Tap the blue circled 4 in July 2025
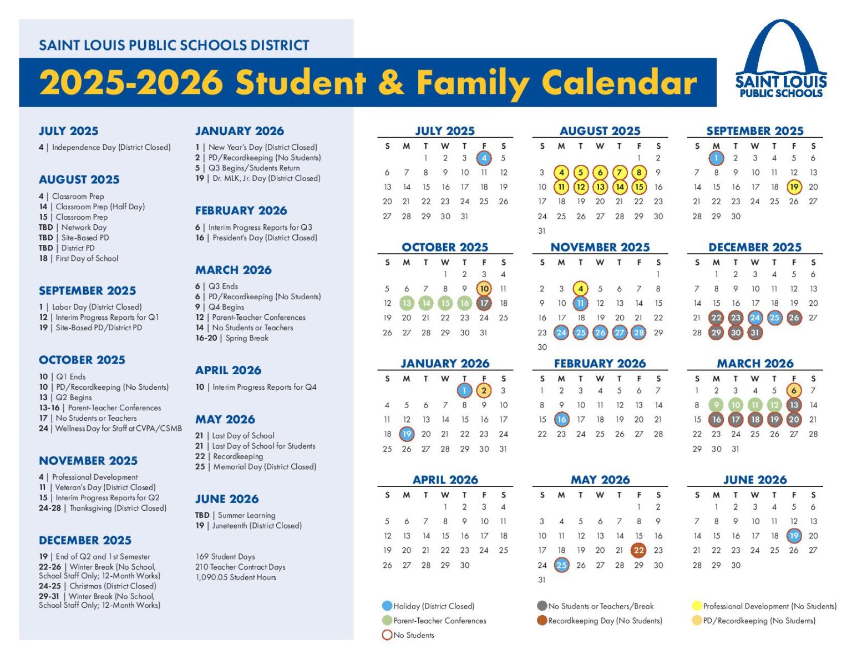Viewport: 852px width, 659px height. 484,158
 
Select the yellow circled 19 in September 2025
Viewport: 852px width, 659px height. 794,187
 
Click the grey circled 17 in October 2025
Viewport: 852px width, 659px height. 484,303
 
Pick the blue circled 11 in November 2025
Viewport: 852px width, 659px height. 580,303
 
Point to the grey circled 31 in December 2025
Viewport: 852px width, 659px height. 755,333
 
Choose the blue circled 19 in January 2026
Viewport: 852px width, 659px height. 407,434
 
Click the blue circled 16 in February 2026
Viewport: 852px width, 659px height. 561,420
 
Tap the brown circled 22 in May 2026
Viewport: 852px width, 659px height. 638,550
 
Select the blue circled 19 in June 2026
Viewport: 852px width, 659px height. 794,536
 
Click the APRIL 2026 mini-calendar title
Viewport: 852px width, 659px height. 445,480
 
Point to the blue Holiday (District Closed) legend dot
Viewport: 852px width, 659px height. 387,606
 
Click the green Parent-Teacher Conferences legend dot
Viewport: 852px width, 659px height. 387,621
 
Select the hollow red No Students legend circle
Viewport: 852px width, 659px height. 387,635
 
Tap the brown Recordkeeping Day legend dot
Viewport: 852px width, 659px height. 542,621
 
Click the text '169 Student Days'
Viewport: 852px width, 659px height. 225,556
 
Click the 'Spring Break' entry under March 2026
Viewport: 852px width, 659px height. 247,338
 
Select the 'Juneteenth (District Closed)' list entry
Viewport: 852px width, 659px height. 256,526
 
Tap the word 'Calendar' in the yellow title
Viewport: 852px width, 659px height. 618,83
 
